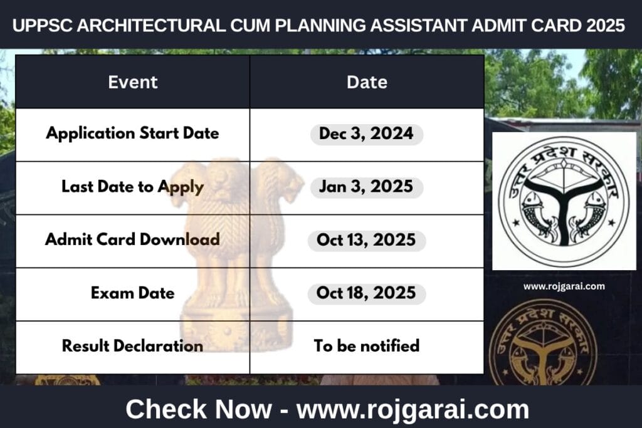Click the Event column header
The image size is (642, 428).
[132, 82]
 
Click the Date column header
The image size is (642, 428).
[367, 82]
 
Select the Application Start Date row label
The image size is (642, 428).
[132, 133]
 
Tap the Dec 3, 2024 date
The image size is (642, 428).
[367, 134]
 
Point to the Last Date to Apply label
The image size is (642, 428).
[132, 186]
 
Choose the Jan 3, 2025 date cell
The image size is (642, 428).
[367, 187]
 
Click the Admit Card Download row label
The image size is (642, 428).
[132, 239]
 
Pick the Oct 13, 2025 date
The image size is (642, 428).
[367, 240]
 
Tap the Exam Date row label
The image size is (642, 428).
[132, 293]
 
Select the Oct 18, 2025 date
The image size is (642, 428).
[367, 293]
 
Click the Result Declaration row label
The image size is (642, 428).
[132, 346]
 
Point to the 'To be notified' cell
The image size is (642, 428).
[367, 346]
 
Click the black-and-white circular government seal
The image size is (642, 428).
[564, 201]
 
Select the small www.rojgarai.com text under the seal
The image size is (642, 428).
[564, 286]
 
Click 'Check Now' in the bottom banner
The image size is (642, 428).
[199, 409]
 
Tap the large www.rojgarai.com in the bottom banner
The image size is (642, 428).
[413, 409]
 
